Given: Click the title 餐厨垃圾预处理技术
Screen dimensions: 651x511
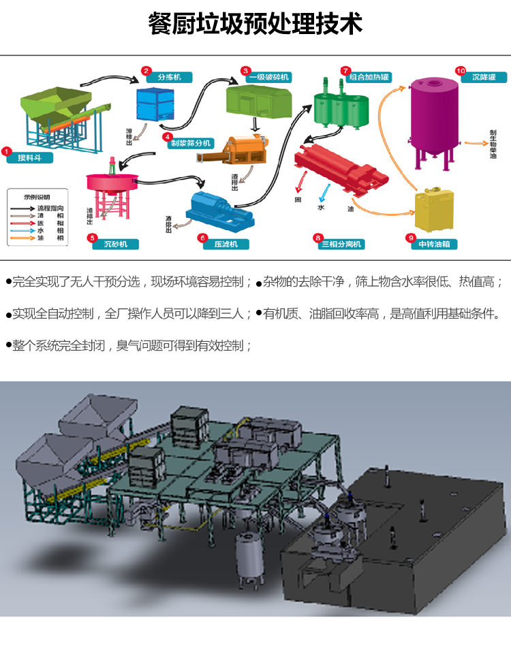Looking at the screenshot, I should click(x=255, y=24).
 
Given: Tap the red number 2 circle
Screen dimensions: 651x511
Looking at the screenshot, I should click(x=145, y=70).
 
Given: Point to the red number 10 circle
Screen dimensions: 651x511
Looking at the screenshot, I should click(x=460, y=71).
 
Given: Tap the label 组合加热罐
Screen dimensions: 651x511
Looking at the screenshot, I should click(x=371, y=77).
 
